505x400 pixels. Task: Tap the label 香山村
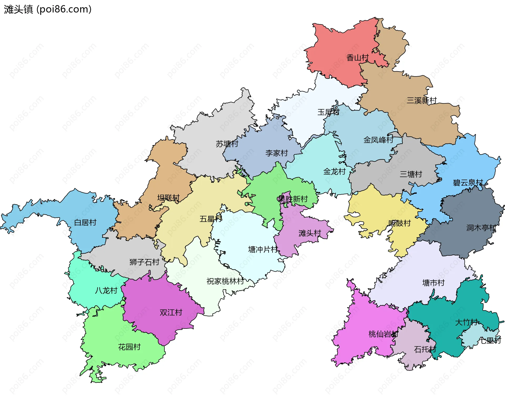coord(357,58)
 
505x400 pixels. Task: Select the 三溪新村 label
coord(422,100)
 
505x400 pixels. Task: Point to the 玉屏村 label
coord(328,112)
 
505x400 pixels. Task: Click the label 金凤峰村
coord(378,140)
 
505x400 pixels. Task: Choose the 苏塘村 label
coord(227,144)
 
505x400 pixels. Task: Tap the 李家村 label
coord(276,153)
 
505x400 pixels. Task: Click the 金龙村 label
coord(334,172)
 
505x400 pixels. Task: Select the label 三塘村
coord(411,174)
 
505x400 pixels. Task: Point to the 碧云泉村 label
coord(468,183)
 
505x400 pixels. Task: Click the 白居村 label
coord(85,223)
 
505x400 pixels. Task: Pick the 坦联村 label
coord(168,198)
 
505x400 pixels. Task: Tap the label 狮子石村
coord(144,262)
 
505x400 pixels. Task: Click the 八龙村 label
coord(106,291)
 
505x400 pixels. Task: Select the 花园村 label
coord(129,347)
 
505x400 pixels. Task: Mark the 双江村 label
coord(171,313)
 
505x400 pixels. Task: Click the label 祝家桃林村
coord(225,281)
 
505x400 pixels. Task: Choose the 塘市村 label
coord(433,283)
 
